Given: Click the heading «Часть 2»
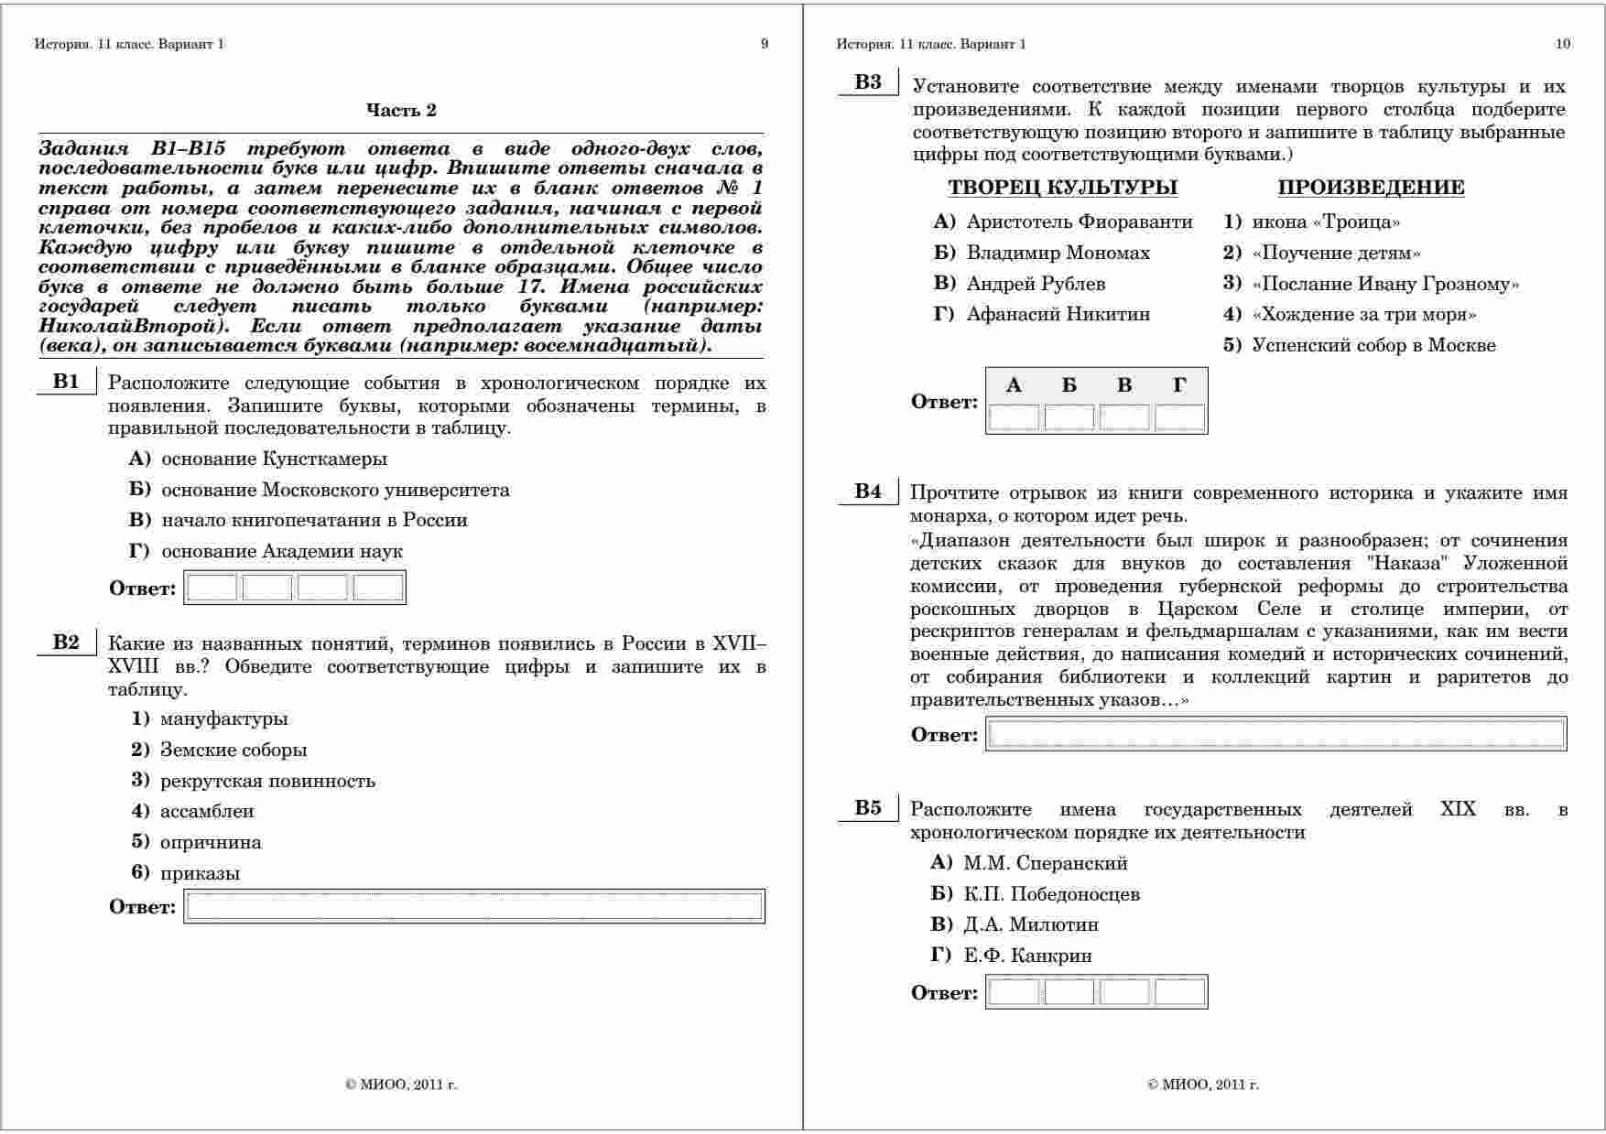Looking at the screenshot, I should pos(401,111).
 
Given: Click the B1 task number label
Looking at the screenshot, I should pos(66,382).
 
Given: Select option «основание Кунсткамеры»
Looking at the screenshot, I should pos(274,459).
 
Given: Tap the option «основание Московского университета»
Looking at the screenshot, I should pos(335,490).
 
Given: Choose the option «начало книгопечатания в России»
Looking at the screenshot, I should pos(314,520).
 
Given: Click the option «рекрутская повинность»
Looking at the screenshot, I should pos(267,781).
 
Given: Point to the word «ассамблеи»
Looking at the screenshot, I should pos(207,811).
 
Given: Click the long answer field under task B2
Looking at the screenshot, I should pos(474,906).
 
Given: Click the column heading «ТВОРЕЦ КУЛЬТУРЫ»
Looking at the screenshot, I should pos(1062,188).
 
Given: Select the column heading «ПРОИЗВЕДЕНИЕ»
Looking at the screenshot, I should pos(1371,188).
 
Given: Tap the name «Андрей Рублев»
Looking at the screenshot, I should pos(1036,284).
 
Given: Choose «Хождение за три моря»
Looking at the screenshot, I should pos(1364,315).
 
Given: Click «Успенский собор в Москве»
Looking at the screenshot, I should pos(1373,345).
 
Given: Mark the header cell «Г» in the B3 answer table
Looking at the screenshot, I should pos(1179,385).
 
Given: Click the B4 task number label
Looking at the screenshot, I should pos(867,491).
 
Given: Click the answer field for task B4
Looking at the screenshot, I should pos(1276,734).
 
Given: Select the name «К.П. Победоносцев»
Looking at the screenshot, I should pos(1051,894).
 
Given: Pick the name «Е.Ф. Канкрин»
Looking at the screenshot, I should pos(1027,956).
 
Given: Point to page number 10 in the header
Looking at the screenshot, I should pos(1562,44).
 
